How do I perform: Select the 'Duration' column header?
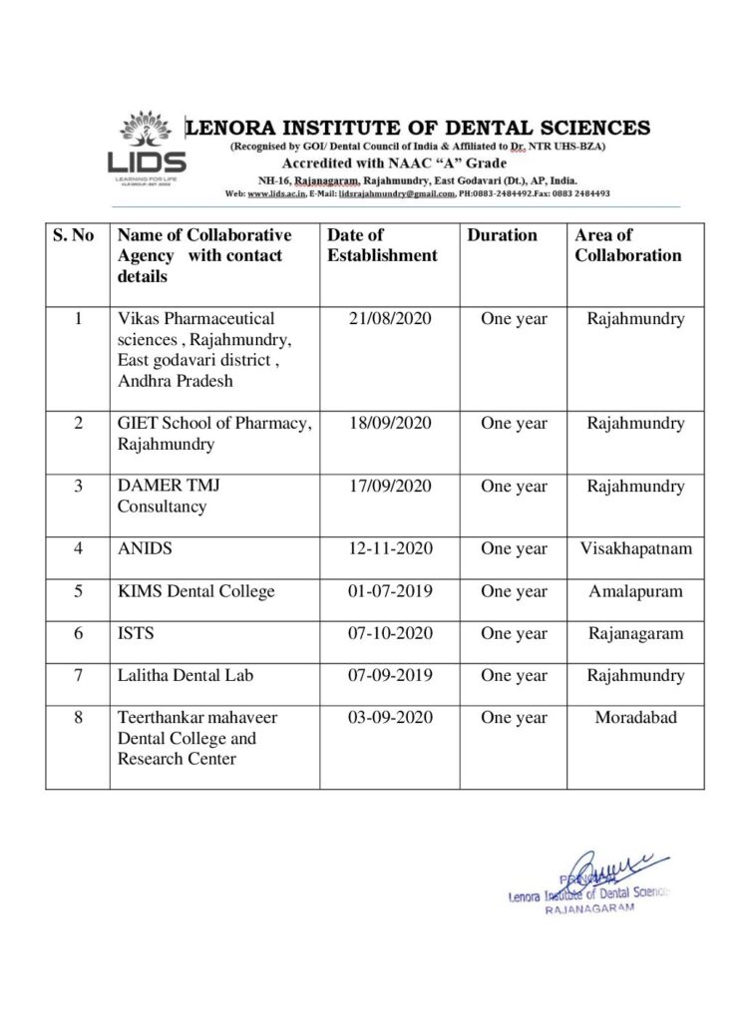[x=502, y=235]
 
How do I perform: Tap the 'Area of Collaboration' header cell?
[x=627, y=245]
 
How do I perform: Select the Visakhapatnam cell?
[x=635, y=549]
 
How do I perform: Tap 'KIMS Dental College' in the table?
[x=195, y=591]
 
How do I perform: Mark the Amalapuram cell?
[x=635, y=591]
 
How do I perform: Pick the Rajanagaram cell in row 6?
[x=635, y=633]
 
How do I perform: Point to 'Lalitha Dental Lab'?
[x=186, y=675]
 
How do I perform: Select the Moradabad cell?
[x=635, y=718]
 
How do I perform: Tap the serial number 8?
[x=78, y=718]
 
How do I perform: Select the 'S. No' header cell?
[x=74, y=235]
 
